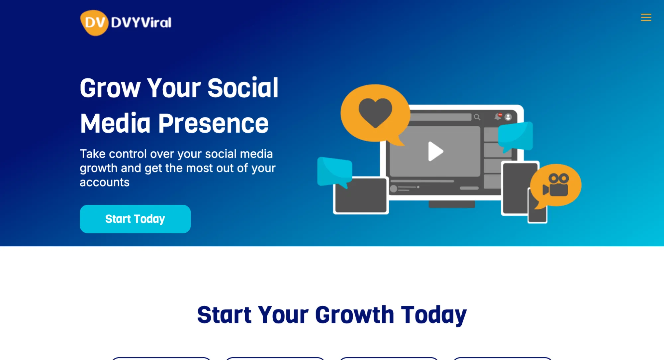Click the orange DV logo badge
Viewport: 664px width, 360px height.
click(94, 23)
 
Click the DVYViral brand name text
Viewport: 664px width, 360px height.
click(141, 23)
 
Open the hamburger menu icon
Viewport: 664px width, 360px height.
click(646, 17)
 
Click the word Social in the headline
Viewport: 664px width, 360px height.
click(243, 88)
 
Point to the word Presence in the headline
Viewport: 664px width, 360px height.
click(213, 123)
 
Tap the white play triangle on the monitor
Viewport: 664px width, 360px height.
click(435, 152)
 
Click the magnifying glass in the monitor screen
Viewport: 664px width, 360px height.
click(477, 117)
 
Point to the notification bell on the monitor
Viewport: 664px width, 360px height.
click(498, 117)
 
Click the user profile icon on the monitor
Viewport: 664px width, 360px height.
click(508, 117)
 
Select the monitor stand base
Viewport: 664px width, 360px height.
click(451, 204)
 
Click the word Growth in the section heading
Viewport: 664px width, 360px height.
click(354, 314)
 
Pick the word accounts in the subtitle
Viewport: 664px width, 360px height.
click(105, 182)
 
